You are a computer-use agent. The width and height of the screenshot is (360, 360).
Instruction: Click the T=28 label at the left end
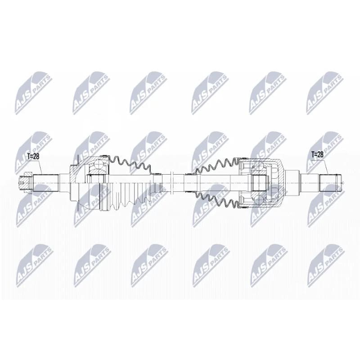pos(33,157)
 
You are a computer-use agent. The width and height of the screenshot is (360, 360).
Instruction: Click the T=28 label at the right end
pos(317,154)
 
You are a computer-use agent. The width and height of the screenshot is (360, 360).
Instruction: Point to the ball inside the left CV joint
pos(99,165)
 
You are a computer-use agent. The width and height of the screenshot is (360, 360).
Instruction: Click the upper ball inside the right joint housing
pos(258,166)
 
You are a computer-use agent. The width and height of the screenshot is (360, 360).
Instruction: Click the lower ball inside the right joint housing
pos(258,200)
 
